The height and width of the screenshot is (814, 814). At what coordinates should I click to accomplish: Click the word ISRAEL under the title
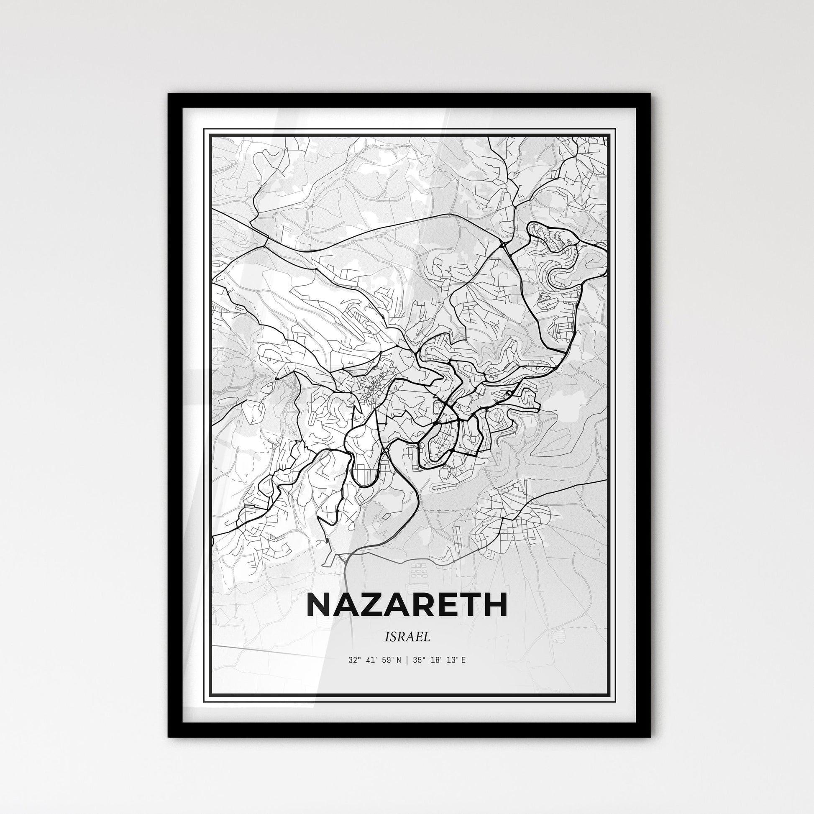tap(407, 637)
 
